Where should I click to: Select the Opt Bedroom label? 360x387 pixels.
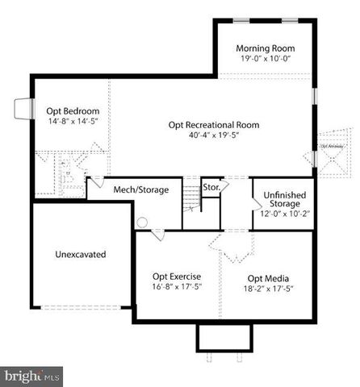coord(73,110)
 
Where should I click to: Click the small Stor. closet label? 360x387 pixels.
coord(211,188)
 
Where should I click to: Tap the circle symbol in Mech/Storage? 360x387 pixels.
coord(143,222)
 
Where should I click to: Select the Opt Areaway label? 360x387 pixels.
coord(332,146)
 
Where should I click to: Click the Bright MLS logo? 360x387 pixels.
coord(31,376)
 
